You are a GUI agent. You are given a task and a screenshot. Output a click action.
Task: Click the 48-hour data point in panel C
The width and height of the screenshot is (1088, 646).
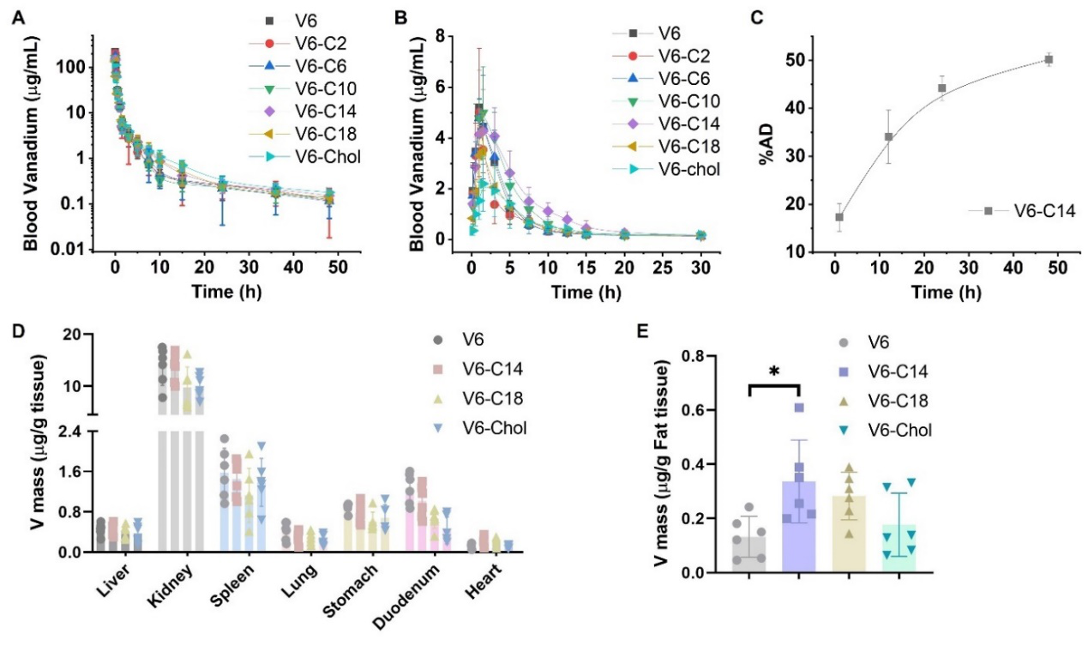tap(1048, 59)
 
